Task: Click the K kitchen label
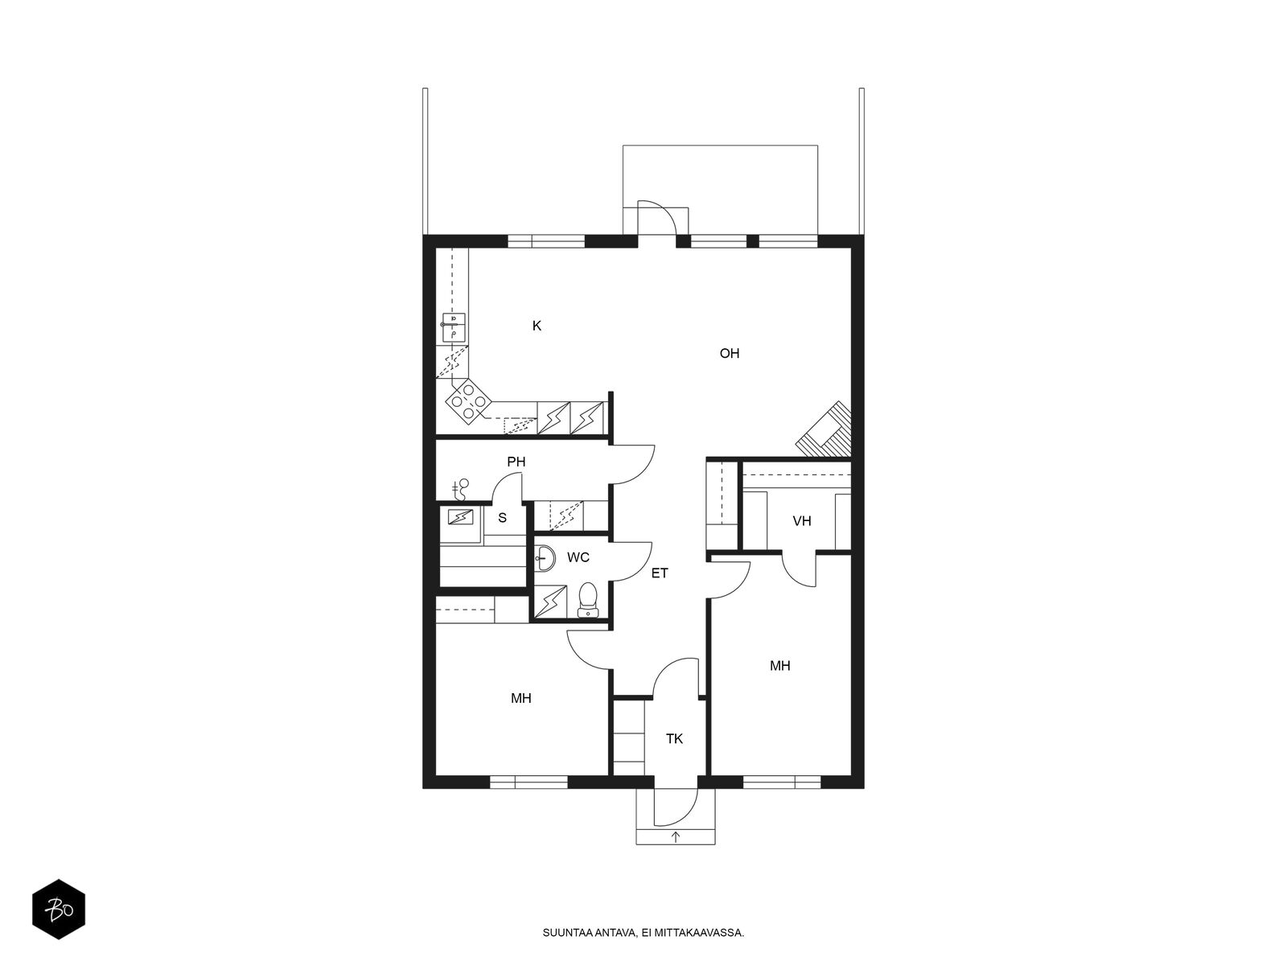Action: (x=537, y=326)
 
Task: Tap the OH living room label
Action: (x=730, y=353)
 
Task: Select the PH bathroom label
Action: (x=516, y=462)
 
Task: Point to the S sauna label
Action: (x=502, y=518)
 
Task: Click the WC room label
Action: (x=578, y=557)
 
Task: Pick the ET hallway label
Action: (x=660, y=573)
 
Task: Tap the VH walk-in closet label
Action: (x=801, y=521)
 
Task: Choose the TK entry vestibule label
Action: (x=674, y=739)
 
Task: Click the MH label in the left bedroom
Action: (x=520, y=698)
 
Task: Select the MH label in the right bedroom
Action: (x=779, y=666)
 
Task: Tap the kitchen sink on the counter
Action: (x=453, y=327)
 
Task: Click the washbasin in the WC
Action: (x=545, y=558)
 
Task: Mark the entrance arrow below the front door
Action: (x=676, y=836)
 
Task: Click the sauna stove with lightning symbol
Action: (x=460, y=517)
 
